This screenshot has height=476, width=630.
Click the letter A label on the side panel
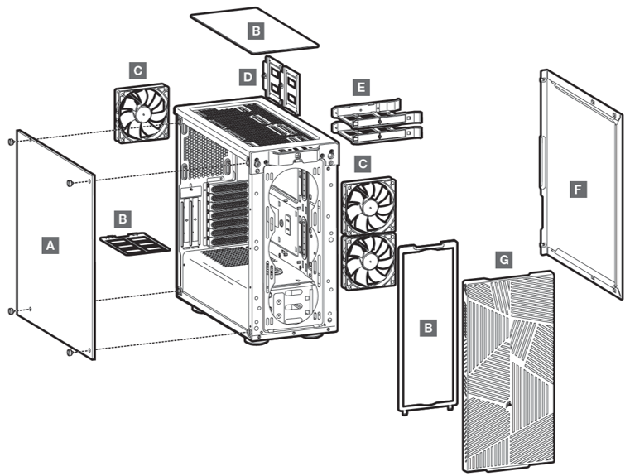[50, 245]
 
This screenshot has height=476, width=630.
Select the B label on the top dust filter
[257, 31]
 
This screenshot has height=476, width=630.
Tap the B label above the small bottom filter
[123, 219]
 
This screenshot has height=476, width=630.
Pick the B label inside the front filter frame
[428, 328]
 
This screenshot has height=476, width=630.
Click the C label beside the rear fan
[137, 71]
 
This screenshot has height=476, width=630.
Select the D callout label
[247, 77]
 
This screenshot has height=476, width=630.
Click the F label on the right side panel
[578, 190]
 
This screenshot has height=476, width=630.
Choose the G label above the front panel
[503, 260]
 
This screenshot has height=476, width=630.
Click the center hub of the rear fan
[142, 114]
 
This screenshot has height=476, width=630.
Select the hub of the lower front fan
[368, 260]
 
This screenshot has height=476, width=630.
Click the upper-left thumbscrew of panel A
[11, 142]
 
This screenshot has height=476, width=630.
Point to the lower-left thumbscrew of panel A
[11, 310]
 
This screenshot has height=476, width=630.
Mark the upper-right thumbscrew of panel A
[70, 182]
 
